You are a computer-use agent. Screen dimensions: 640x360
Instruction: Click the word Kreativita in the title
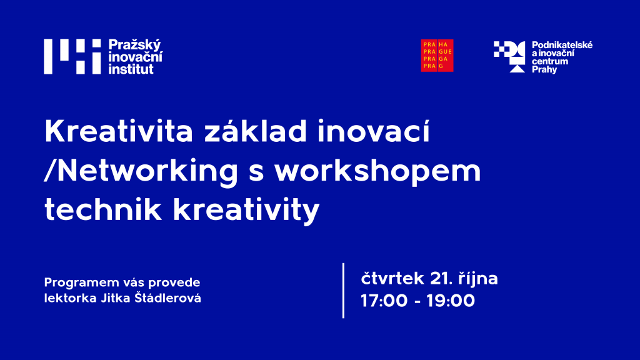coord(118,131)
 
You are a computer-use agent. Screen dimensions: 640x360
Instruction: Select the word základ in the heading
coord(256,131)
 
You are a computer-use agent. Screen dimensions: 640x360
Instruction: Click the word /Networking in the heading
coord(141,171)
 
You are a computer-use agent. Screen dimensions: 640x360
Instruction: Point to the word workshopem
coord(377,171)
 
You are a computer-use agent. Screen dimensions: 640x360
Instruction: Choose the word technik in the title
coord(103,210)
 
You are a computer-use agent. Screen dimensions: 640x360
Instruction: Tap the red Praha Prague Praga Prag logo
coord(437,56)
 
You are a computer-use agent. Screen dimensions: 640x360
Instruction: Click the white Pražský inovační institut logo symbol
coord(72,56)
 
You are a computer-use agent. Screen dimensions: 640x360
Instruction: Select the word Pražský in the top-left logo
coord(135,45)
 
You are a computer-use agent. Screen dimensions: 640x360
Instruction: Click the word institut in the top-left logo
coord(131,69)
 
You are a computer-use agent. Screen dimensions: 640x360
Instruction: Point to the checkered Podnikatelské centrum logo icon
coord(509,57)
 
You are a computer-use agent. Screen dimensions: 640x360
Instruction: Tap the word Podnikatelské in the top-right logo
coord(562,45)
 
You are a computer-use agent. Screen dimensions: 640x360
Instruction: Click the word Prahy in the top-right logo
coord(544,70)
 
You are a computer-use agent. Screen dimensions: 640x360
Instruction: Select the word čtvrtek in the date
coord(392,278)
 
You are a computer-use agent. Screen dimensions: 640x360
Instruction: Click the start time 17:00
coord(384,301)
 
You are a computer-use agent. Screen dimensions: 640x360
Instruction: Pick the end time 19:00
coord(451,301)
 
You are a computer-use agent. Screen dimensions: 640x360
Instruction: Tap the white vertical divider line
coord(343,291)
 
